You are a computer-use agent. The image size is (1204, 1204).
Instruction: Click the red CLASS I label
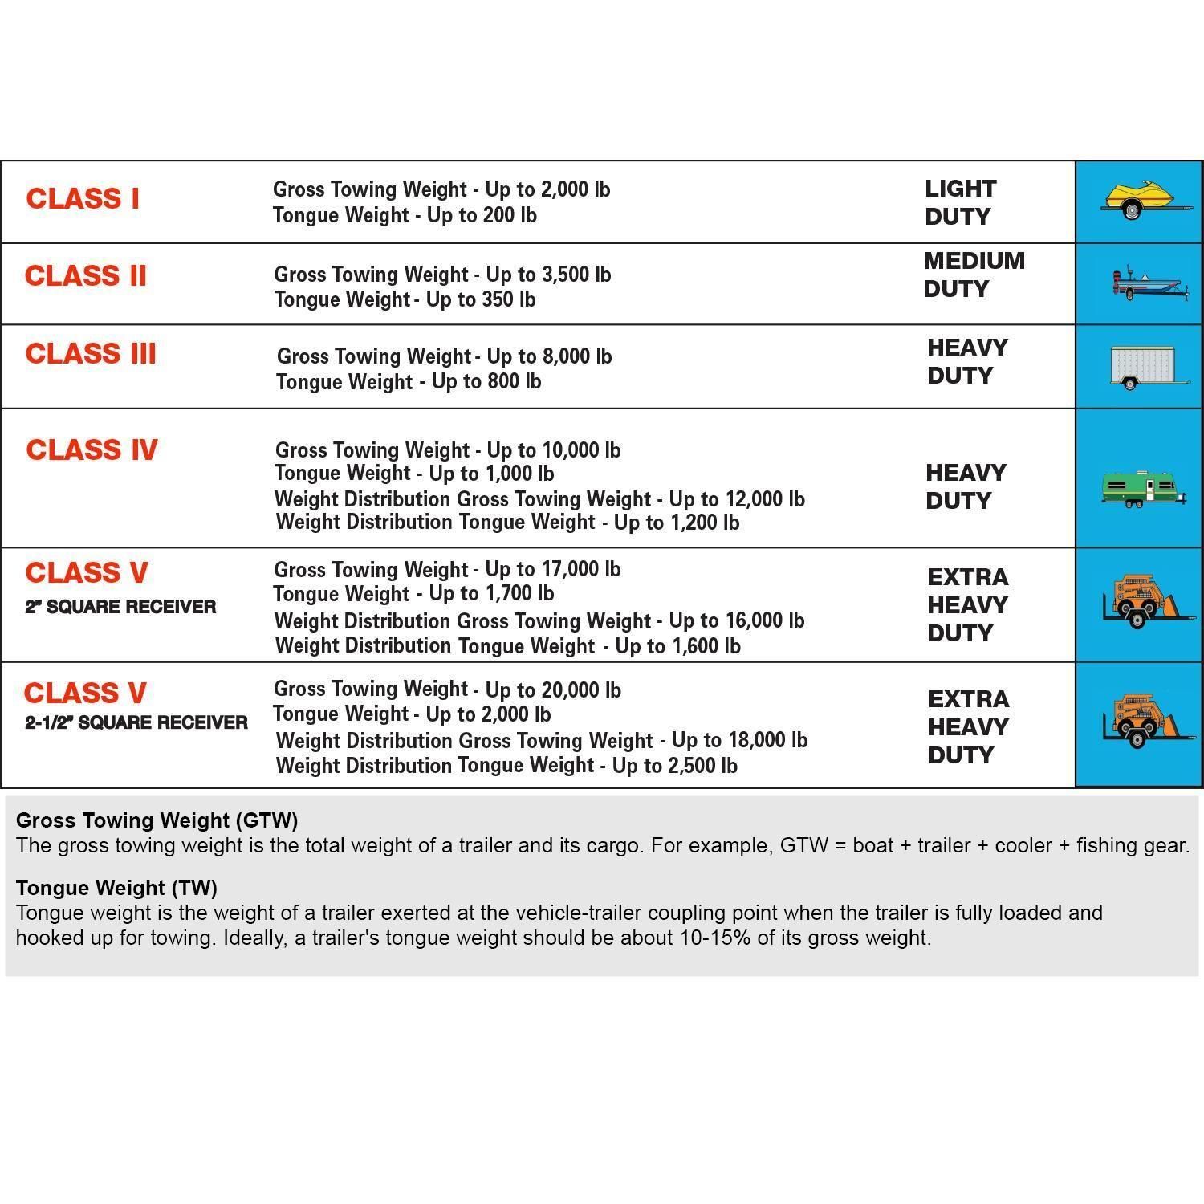[x=83, y=198]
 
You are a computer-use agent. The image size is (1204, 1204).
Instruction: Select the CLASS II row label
[x=86, y=275]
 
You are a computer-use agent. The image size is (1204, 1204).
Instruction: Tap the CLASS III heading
[x=91, y=353]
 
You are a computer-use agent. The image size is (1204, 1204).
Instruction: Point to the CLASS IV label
[x=92, y=449]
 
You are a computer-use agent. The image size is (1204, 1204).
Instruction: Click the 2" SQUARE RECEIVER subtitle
[x=120, y=606]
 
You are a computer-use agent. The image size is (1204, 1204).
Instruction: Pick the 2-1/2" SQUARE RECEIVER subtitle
[x=136, y=722]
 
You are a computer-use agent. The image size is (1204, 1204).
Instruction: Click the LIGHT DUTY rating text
[x=960, y=202]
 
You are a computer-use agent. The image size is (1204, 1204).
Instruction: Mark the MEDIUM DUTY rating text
[x=974, y=275]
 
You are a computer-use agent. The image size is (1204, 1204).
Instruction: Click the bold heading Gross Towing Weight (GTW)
[x=157, y=820]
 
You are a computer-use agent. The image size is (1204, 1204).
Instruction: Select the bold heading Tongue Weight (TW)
[x=116, y=887]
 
